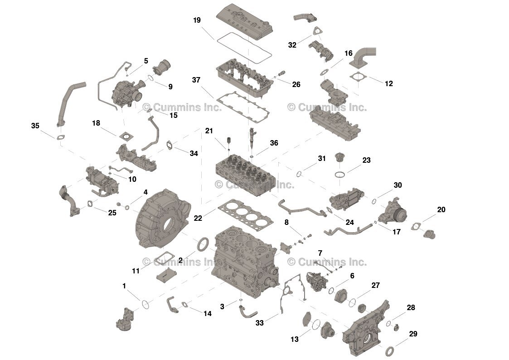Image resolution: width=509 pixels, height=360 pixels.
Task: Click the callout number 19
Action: tap(197, 20)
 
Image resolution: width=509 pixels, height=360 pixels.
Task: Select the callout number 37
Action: tap(196, 80)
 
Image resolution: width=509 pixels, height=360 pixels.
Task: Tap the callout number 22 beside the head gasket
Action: tap(198, 218)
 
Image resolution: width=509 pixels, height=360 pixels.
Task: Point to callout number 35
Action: tap(35, 126)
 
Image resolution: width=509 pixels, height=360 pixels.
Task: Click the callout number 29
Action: tap(412, 334)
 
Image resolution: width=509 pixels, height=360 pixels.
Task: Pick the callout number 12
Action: tap(389, 84)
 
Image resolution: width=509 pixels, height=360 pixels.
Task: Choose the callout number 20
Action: tap(441, 209)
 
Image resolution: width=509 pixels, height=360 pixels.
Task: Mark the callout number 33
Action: tap(259, 323)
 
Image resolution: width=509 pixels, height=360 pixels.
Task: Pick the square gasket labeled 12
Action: tap(358, 78)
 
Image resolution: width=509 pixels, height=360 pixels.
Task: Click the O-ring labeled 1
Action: tap(145, 303)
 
